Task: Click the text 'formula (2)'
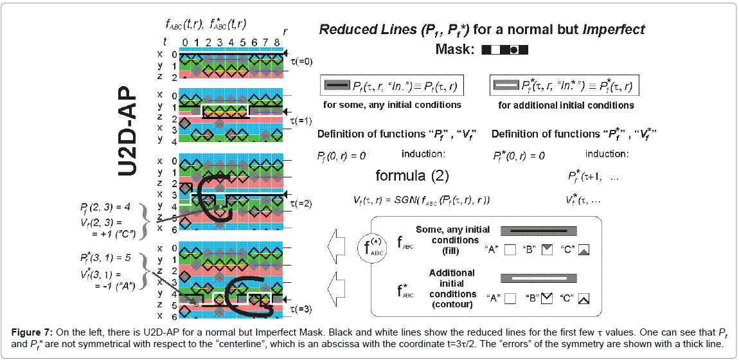[x=412, y=175]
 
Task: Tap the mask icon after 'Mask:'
[x=504, y=49]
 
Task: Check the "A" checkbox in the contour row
[x=510, y=298]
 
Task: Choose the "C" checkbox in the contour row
[x=583, y=298]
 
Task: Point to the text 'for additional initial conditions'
[x=566, y=105]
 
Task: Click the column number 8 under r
[x=276, y=43]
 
